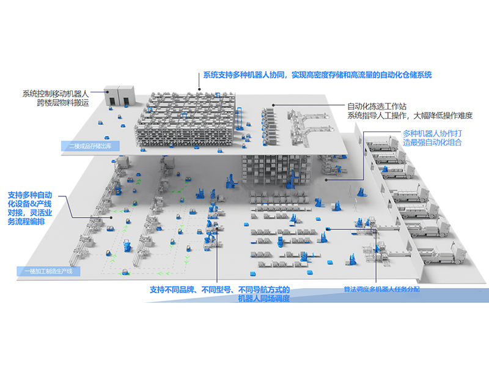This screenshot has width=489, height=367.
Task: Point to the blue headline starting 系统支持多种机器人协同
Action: tap(317, 75)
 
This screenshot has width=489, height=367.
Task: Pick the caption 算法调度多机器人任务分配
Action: tap(382, 288)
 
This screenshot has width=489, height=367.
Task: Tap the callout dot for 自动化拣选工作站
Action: tap(274, 105)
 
